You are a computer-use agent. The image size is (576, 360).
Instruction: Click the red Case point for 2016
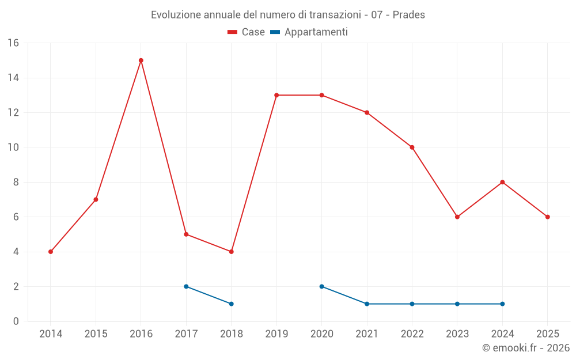(x=141, y=60)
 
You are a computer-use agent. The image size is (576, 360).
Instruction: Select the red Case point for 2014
(x=51, y=252)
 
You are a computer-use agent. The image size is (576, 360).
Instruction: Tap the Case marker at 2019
(x=276, y=95)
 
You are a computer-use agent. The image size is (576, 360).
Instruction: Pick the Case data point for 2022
(x=412, y=147)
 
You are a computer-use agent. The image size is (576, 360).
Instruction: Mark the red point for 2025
(x=547, y=217)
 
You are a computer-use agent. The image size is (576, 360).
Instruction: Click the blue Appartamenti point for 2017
(x=186, y=286)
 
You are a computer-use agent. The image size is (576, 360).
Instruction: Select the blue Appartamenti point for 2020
(x=321, y=286)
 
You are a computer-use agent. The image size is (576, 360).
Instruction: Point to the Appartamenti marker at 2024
(x=502, y=304)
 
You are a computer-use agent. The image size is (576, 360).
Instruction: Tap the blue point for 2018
(x=231, y=304)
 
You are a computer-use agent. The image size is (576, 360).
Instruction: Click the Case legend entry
(x=247, y=32)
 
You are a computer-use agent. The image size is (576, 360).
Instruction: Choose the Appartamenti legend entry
(x=309, y=32)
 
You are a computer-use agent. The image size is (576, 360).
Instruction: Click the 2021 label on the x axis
(x=367, y=334)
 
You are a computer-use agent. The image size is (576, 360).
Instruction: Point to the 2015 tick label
(x=96, y=334)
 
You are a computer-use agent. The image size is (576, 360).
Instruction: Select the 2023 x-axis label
(x=457, y=334)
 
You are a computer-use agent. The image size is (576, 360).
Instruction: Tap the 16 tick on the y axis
(x=13, y=43)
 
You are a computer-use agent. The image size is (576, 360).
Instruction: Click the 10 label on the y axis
(x=13, y=147)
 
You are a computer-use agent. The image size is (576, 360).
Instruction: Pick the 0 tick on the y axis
(x=16, y=321)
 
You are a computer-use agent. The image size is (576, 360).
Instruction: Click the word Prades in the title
(x=409, y=15)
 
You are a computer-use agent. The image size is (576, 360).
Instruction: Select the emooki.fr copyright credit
(x=526, y=348)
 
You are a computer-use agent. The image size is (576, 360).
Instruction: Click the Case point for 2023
(x=457, y=217)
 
